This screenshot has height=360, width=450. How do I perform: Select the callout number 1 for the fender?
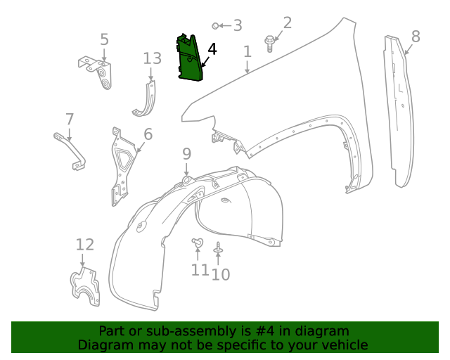247,51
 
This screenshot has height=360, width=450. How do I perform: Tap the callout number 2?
287,22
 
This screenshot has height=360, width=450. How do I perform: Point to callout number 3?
238,26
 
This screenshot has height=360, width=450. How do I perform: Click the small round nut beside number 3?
215,26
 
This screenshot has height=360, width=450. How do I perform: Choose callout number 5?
104,39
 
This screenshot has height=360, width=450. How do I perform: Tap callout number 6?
148,134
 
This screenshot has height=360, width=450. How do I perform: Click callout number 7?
69,118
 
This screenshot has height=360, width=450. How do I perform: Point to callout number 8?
416,36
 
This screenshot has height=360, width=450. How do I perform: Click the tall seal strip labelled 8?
398,112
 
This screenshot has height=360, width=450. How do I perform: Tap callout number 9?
186,153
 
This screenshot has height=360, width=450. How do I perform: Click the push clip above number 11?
197,243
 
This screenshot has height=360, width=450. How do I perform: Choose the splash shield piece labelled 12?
85,288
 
